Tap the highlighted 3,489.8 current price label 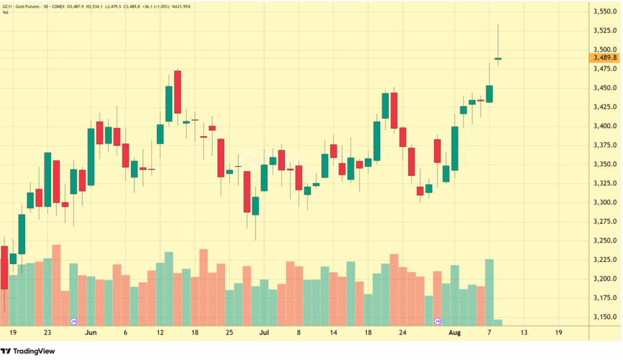(605, 58)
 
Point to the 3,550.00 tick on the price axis (605, 12)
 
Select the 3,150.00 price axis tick (605, 317)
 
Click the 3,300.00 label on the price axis (605, 202)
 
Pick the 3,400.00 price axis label (605, 126)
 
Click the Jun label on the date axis (91, 333)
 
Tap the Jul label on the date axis (264, 333)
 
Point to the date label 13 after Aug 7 (524, 333)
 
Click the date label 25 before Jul (229, 333)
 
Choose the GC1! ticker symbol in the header (9, 6)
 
